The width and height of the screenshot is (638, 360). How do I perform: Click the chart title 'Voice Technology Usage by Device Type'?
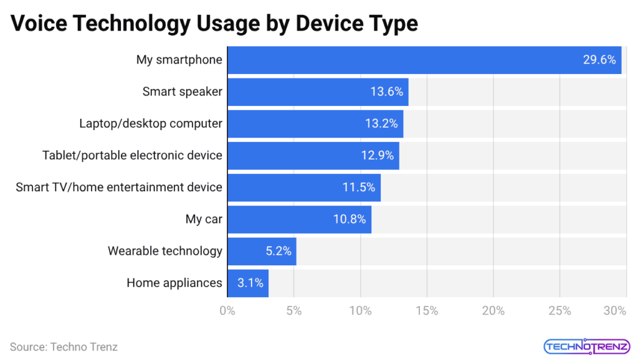point(214,23)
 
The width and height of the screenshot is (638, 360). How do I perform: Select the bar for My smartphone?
point(424,60)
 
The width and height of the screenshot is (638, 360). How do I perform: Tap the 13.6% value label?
point(387,92)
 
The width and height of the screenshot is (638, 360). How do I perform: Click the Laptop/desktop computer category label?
point(150,123)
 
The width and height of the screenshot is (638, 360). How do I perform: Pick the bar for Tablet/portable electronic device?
point(313,156)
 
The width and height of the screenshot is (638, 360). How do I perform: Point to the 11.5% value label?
point(359,187)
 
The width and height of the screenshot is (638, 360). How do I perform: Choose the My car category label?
point(204,219)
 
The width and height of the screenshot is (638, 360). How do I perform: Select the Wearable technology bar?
point(262,251)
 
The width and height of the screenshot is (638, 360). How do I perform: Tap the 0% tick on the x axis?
point(227,310)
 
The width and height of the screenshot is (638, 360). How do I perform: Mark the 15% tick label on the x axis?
point(427,310)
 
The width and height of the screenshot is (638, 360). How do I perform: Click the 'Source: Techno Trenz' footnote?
point(64,347)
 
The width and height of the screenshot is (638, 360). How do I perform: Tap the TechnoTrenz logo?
point(578,346)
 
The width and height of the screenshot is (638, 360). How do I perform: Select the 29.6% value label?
point(599,60)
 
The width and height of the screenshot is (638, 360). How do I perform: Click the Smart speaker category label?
point(182,92)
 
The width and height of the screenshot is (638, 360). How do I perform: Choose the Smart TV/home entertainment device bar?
point(303,187)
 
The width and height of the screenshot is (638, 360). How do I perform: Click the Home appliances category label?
point(174,283)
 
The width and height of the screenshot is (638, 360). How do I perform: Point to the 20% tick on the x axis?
point(493,310)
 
